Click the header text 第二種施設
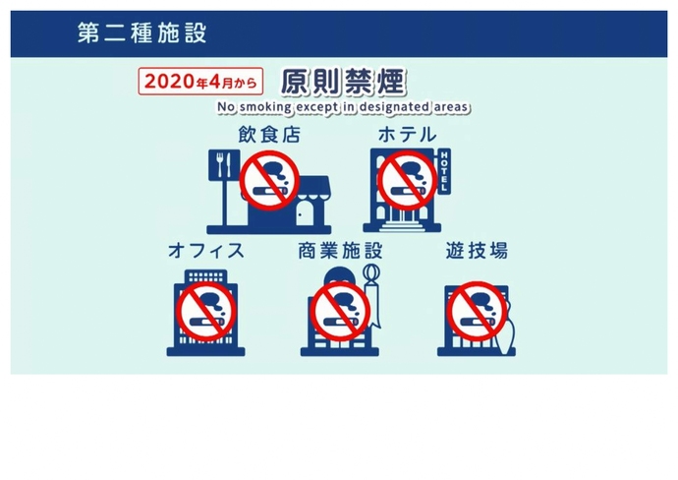click(142, 32)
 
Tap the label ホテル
click(407, 135)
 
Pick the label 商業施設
click(340, 251)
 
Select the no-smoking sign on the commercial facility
click(339, 308)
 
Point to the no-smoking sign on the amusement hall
click(477, 308)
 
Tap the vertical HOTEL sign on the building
click(443, 172)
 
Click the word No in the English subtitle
click(224, 106)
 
